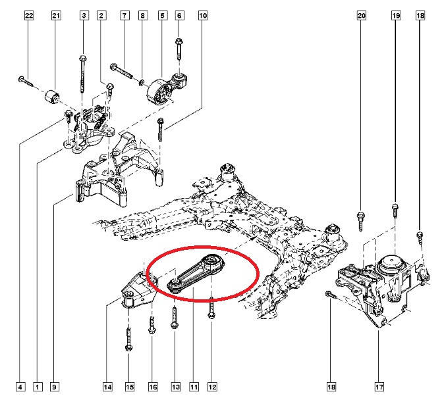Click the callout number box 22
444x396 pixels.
pos(28,14)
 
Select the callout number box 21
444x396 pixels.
pos(56,14)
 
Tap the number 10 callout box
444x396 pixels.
pos(202,14)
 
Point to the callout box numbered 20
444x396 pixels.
pos(362,14)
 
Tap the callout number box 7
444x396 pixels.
pos(123,14)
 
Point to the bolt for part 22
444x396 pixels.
pos(25,82)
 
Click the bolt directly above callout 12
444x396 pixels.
pos(211,309)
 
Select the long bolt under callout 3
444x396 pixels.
pos(83,72)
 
